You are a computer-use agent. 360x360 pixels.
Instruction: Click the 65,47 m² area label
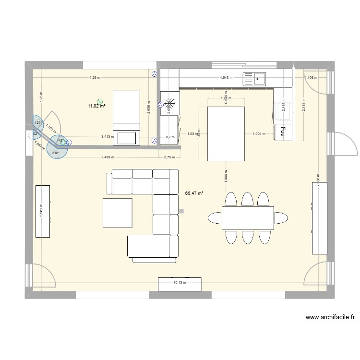pos(194,193)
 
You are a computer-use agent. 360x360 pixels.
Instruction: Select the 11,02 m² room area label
pos(96,106)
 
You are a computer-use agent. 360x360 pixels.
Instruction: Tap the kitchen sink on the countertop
pos(254,78)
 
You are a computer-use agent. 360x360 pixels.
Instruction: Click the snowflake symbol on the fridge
pos(169,103)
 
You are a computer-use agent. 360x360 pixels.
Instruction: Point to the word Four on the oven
pos(283,132)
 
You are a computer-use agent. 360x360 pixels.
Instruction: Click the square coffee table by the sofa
pos(117,213)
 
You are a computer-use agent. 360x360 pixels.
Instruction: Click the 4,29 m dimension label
pos(95,77)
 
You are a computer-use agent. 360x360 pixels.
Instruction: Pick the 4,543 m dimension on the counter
pos(226,77)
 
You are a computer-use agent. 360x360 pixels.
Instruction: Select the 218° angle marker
pos(55,153)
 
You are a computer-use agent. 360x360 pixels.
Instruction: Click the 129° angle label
pos(38,123)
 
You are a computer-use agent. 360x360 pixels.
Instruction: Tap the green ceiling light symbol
pos(100,102)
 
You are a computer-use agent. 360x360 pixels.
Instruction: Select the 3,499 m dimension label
pos(108,157)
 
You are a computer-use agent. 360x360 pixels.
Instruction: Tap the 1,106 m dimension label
pos(310,78)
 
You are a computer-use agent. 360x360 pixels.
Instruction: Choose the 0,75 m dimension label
pos(169,157)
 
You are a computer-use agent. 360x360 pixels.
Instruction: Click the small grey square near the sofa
pos(181,210)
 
